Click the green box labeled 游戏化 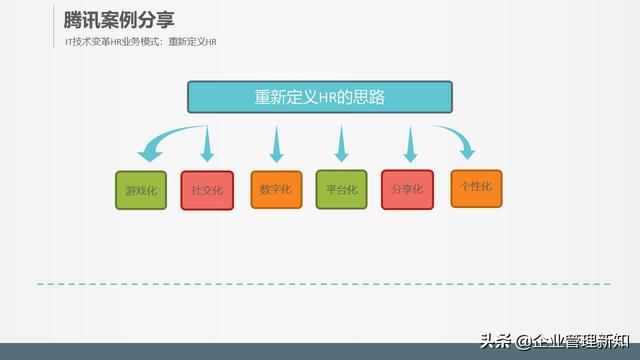[141, 190]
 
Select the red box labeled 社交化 [207, 190]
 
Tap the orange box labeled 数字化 [275, 189]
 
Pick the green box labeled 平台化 [342, 189]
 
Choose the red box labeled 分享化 [408, 189]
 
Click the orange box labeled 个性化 [476, 187]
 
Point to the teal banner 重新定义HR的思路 [320, 96]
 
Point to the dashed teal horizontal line [320, 284]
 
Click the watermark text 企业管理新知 [581, 342]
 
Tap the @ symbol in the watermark [520, 342]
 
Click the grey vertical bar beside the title [51, 28]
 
